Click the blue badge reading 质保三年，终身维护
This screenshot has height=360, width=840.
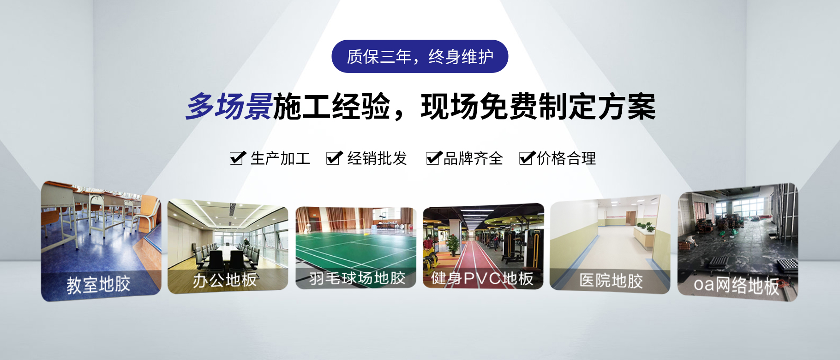(420, 56)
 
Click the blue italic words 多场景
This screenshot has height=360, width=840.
(229, 107)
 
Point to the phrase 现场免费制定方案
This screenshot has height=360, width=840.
(538, 107)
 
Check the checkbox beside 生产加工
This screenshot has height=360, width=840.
(237, 158)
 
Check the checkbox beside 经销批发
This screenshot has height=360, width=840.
(334, 158)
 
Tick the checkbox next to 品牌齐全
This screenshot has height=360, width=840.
(434, 158)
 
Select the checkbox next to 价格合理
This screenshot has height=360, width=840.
(527, 158)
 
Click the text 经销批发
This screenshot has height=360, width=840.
(377, 158)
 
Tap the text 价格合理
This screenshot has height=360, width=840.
(566, 158)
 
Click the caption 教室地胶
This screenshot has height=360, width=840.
(98, 284)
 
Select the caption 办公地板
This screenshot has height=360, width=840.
(225, 280)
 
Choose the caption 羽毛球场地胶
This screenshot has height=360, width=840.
(357, 278)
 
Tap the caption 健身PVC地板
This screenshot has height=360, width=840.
(482, 278)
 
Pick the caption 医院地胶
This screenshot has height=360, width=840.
(611, 280)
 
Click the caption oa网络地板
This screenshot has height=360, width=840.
(736, 285)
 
